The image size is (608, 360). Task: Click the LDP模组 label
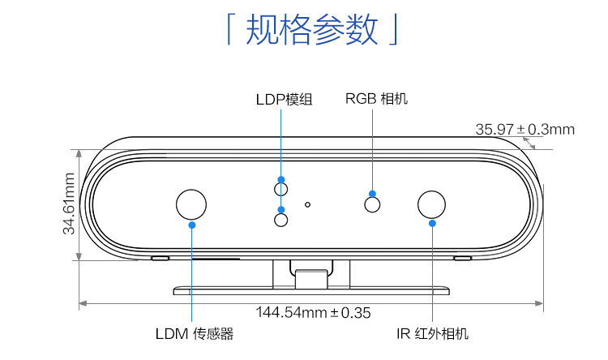click(284, 100)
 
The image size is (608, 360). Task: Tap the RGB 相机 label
click(376, 99)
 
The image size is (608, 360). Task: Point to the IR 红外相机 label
click(432, 333)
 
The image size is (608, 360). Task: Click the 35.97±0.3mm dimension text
click(525, 129)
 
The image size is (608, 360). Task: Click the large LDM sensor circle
click(192, 204)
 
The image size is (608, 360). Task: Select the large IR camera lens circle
click(431, 204)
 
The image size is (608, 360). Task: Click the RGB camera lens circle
click(373, 204)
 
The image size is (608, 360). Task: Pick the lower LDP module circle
click(281, 220)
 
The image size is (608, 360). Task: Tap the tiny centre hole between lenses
click(307, 204)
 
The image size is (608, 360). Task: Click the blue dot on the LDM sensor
click(192, 225)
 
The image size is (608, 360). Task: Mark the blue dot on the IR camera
click(432, 223)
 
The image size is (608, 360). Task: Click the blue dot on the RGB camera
click(373, 194)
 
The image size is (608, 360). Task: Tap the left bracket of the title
click(229, 30)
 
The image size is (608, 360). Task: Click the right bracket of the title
click(393, 30)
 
